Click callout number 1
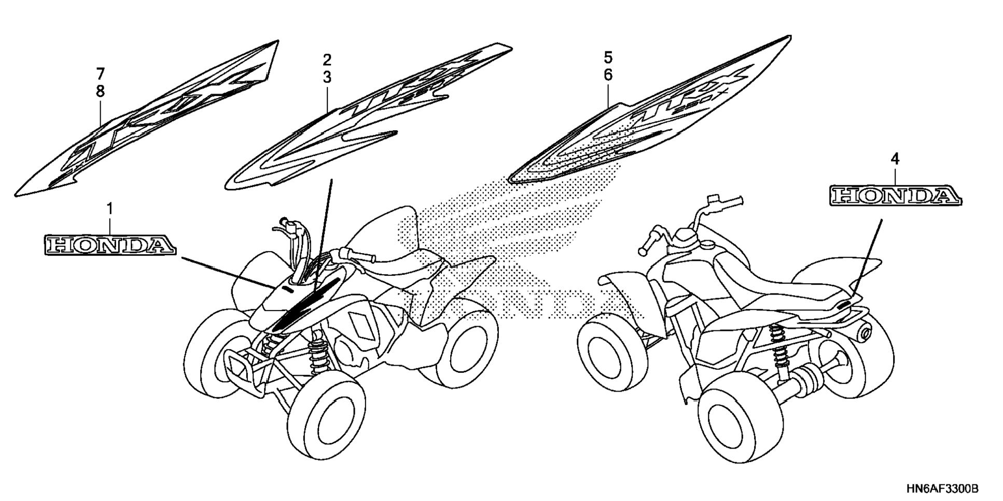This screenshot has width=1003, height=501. pyautogui.click(x=110, y=209)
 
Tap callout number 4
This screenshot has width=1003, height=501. pyautogui.click(x=894, y=160)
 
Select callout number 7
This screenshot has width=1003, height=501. pyautogui.click(x=100, y=73)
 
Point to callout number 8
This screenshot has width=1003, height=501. pyautogui.click(x=100, y=91)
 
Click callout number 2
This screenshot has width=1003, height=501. pyautogui.click(x=327, y=59)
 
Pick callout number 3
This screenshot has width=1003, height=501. pyautogui.click(x=327, y=77)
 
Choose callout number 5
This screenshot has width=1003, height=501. pyautogui.click(x=608, y=57)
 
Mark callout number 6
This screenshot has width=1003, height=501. pyautogui.click(x=608, y=75)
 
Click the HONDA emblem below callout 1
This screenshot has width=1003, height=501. pyautogui.click(x=109, y=245)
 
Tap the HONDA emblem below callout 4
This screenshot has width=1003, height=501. pyautogui.click(x=895, y=196)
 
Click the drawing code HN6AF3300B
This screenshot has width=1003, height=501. pyautogui.click(x=942, y=489)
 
